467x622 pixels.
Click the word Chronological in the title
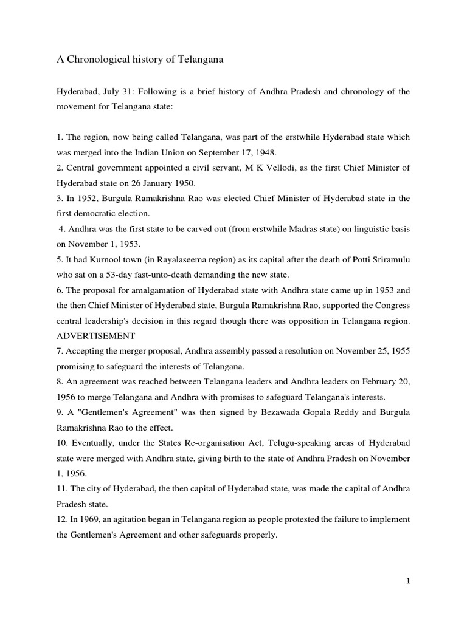(x=94, y=60)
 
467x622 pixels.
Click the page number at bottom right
(x=409, y=581)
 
